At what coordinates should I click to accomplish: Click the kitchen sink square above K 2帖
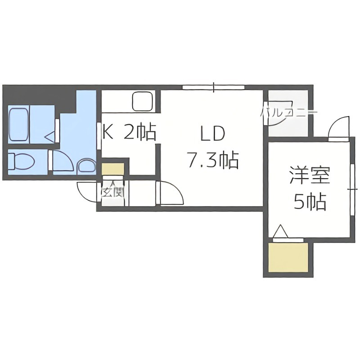(x=143, y=101)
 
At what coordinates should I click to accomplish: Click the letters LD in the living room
(x=212, y=134)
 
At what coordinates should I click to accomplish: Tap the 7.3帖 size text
(x=212, y=160)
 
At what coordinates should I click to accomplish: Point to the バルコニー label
(x=290, y=112)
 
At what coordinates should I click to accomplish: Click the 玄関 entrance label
(x=112, y=193)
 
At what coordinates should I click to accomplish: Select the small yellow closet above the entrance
(x=112, y=169)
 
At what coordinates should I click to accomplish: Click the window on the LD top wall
(x=214, y=86)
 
